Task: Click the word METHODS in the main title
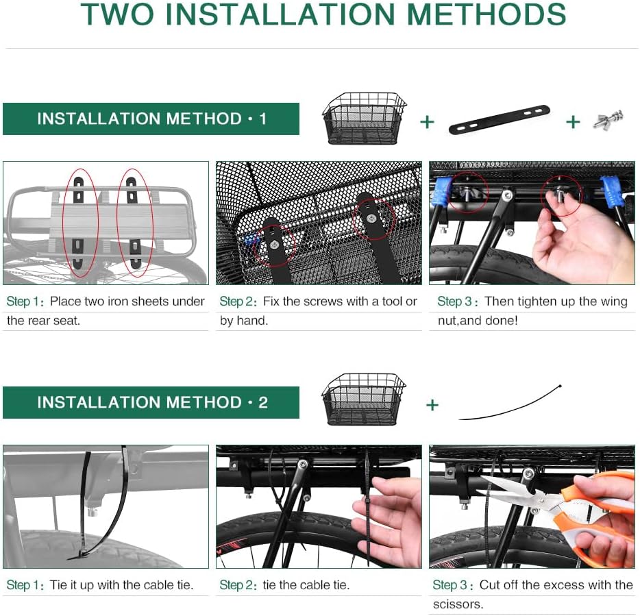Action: [x=487, y=14]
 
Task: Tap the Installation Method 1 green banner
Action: [x=151, y=119]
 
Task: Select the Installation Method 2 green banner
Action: [x=151, y=402]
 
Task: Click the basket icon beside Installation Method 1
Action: [x=364, y=119]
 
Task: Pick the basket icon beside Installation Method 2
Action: [x=364, y=399]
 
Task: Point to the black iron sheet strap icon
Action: [x=499, y=119]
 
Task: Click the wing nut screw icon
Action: [x=608, y=120]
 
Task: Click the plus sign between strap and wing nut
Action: [x=573, y=122]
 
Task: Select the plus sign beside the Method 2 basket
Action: [x=432, y=405]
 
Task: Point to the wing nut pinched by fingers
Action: [x=561, y=193]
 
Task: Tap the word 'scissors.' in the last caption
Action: [x=458, y=604]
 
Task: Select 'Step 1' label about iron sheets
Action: [x=23, y=301]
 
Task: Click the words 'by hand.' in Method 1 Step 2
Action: [x=244, y=321]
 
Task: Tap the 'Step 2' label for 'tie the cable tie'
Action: [x=236, y=585]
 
